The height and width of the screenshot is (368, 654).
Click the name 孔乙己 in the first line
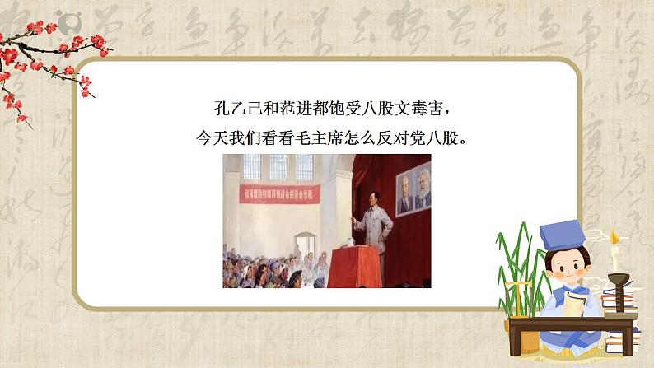[226, 107]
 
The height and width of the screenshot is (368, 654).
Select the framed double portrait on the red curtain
[412, 191]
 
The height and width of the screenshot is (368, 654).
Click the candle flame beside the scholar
[613, 237]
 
